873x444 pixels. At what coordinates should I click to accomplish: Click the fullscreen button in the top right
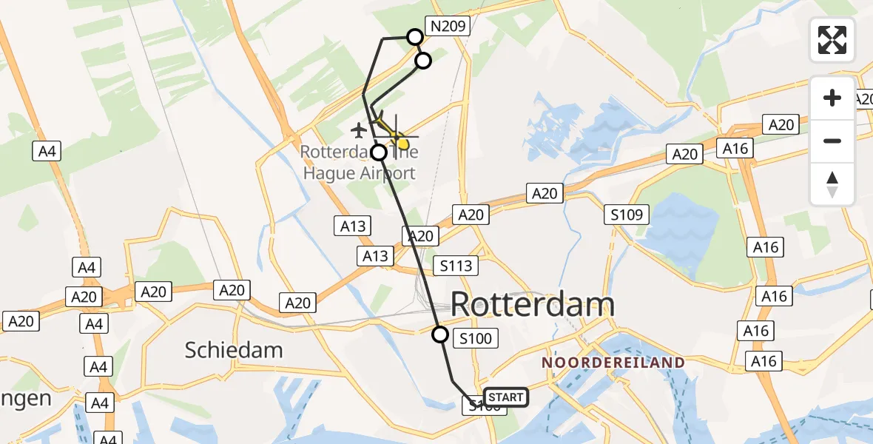coord(832,40)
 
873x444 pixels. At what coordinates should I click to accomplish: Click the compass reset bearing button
coord(832,184)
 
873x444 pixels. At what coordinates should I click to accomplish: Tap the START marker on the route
coord(506,397)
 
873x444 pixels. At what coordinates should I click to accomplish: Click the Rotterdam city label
coord(532,305)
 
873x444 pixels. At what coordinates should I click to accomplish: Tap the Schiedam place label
coord(234,349)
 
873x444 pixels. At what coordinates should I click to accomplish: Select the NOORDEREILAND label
coord(613,363)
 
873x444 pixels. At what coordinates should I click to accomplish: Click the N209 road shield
coord(448,27)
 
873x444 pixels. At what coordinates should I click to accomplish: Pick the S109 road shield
coord(626,215)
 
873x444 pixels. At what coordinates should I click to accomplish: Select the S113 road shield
coord(456,266)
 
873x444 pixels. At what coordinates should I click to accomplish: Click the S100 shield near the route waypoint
coord(475,339)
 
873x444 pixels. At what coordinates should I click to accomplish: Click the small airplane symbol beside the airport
coord(360,131)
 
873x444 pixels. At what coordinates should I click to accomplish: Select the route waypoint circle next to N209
coord(415,36)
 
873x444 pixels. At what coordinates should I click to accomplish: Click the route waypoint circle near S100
coord(440,334)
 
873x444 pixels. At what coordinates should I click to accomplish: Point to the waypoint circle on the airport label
coord(379,153)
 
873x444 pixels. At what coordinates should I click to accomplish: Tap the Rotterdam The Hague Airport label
coord(359,163)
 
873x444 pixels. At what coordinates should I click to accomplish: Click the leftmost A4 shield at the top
coord(46,152)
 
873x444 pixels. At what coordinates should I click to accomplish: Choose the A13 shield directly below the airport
coord(353,226)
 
